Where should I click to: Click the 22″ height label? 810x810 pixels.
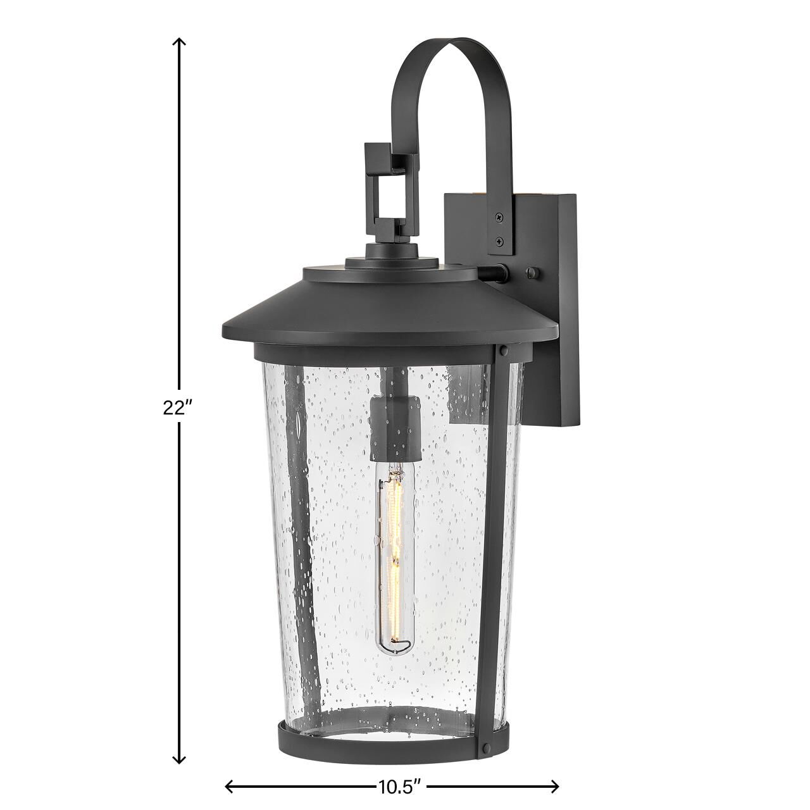[177, 408]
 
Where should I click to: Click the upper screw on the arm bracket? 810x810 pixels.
[500, 218]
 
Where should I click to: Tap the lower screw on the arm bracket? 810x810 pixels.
[500, 240]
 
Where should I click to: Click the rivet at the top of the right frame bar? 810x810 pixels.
[503, 349]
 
